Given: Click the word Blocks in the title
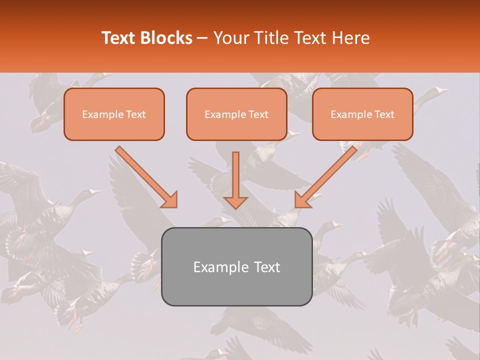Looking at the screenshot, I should (166, 38).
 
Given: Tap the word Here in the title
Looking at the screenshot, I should (351, 38).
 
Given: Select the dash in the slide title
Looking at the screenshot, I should (202, 38).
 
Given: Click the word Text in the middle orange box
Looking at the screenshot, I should (258, 114).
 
